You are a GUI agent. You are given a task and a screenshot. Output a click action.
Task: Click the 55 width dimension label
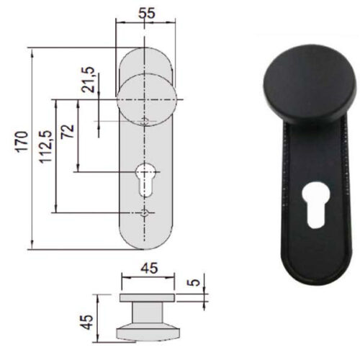click(147, 13)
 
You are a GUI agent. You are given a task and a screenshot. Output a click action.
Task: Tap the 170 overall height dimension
click(22, 142)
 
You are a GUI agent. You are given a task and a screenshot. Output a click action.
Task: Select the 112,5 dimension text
click(45, 147)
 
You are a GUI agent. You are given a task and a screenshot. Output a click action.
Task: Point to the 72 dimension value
click(67, 131)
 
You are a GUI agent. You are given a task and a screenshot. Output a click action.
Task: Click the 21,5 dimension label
click(88, 79)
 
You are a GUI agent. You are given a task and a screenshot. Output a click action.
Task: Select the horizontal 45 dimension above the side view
click(149, 269)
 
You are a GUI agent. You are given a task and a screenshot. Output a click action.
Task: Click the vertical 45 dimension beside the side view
click(86, 322)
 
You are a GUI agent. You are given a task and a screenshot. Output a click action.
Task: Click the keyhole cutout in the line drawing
click(144, 179)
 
